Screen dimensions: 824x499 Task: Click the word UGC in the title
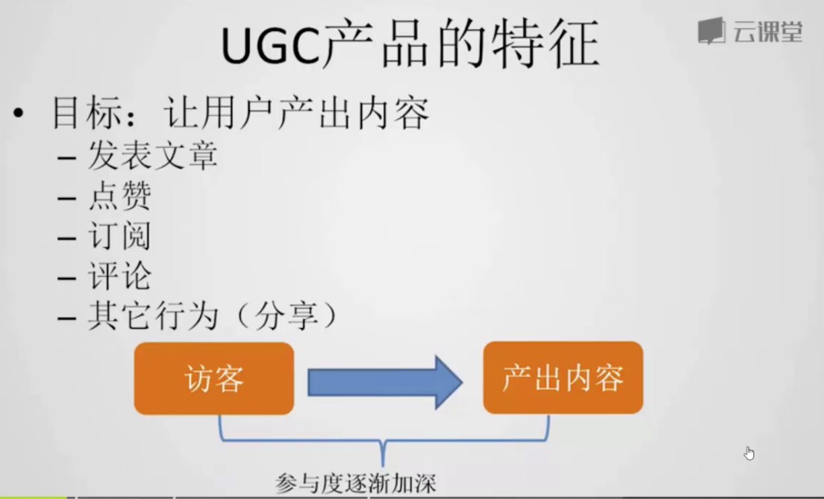click(271, 45)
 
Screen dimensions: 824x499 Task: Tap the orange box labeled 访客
click(213, 378)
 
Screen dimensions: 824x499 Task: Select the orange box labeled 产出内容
click(563, 378)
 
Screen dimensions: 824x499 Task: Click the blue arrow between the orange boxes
click(385, 382)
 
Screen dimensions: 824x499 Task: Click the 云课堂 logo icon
click(712, 30)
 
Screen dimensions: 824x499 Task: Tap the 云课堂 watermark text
click(767, 32)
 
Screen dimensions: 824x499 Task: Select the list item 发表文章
click(153, 156)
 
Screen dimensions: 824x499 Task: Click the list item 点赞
click(120, 196)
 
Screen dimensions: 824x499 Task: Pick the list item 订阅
click(120, 236)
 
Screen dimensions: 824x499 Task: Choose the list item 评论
click(120, 275)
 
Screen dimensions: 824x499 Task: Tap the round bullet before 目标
click(18, 112)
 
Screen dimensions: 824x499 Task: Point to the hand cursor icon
click(749, 453)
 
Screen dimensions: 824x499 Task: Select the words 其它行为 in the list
click(153, 316)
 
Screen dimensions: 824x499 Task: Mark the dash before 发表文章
click(67, 158)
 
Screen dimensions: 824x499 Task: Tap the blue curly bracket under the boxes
click(384, 440)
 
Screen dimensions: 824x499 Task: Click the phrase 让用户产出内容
click(296, 112)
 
